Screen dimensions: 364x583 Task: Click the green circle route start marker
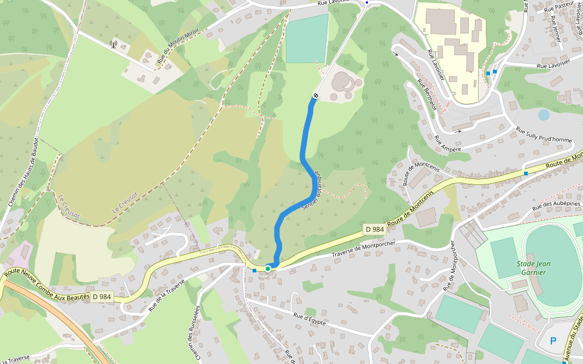tap(268, 268)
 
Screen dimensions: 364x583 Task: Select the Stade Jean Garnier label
tap(533, 268)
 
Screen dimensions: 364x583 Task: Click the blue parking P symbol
tap(553, 341)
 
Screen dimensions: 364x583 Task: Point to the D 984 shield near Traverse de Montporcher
tap(374, 229)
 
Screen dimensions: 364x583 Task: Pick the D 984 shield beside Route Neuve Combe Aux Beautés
tap(101, 297)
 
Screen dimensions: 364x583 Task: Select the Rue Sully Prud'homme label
tap(544, 135)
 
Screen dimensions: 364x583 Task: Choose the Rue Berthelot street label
tap(426, 95)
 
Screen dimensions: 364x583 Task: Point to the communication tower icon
tap(113, 44)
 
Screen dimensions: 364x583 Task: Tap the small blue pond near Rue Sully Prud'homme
tap(544, 114)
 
